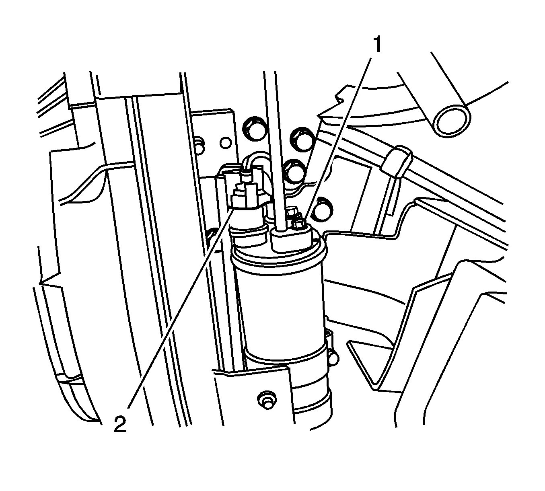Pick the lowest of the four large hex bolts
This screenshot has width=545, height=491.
click(324, 207)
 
